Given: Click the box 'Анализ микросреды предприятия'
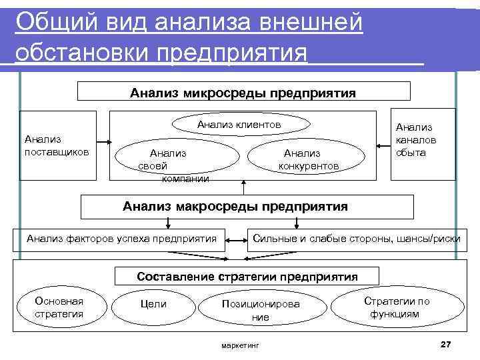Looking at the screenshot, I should (244, 91).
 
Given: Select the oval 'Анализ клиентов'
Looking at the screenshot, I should (239, 125).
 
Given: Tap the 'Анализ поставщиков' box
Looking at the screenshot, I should (58, 145).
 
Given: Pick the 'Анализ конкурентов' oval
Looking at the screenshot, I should (307, 159).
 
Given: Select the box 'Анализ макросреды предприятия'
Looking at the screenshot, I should (247, 207).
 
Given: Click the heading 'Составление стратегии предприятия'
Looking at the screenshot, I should (247, 276).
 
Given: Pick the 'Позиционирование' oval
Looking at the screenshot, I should (261, 310).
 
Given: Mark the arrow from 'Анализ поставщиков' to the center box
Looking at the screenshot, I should (103, 142).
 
